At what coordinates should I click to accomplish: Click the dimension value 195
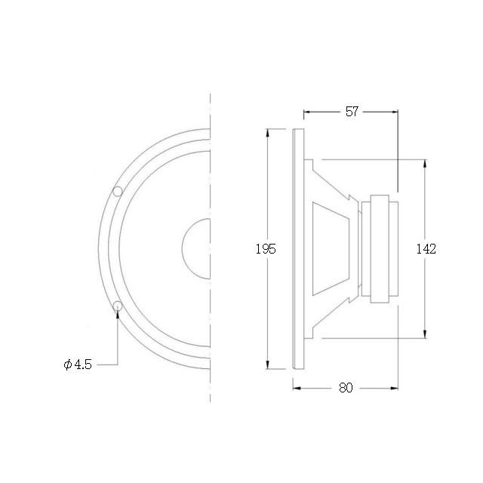[x=266, y=248]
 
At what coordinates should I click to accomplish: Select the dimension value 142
[x=426, y=249]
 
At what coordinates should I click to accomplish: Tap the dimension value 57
[x=352, y=112]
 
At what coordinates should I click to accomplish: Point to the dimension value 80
[x=346, y=388]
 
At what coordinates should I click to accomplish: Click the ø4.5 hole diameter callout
[x=78, y=365]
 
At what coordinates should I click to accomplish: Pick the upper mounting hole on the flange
[x=118, y=191]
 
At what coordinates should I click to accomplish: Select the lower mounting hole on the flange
[x=118, y=306]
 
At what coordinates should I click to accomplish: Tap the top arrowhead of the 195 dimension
[x=268, y=133]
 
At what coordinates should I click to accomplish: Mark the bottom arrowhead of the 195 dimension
[x=268, y=365]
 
